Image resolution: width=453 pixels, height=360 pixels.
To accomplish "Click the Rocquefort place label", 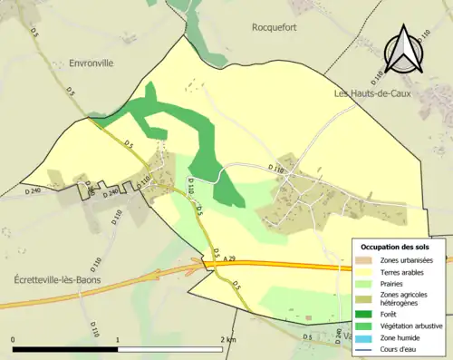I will coord(275,27).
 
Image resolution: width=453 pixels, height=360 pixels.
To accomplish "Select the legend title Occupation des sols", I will coord(395,247).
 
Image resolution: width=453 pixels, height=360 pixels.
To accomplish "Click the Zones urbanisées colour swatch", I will coord(366,260).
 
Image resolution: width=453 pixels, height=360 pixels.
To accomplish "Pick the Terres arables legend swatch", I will coord(366,271).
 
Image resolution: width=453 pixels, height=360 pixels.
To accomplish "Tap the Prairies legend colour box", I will coord(366,283).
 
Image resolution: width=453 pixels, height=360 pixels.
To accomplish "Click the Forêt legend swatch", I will coord(366,315).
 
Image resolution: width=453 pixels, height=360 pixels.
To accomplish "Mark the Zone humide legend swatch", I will coord(366,338).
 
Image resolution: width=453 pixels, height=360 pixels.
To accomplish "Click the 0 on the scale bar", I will coord(14,338).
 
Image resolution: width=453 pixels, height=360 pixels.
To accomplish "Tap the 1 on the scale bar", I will coord(118,338).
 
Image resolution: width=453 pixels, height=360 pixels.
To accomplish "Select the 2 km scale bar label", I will coord(227,338).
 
